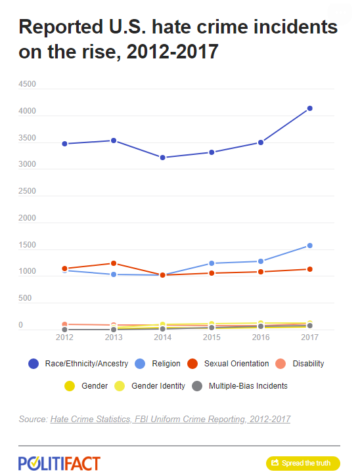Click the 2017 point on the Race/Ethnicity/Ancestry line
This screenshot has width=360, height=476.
(310, 108)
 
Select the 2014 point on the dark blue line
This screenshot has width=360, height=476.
(162, 158)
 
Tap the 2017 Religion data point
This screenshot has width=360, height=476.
(310, 246)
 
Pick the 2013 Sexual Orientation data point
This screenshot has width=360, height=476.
(114, 263)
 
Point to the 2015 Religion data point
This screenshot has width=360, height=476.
(212, 263)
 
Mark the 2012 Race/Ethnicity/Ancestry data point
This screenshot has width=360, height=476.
(64, 144)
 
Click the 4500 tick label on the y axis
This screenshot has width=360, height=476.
(27, 84)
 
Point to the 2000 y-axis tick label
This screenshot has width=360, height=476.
(27, 218)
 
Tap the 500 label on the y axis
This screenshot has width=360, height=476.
(25, 298)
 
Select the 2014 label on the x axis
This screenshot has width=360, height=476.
(162, 337)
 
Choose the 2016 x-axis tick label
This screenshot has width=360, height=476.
(261, 337)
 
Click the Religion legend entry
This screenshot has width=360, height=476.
(158, 364)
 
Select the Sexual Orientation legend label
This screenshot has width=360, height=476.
(236, 364)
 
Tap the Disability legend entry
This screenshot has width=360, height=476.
(300, 364)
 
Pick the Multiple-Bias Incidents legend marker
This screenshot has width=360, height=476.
(197, 386)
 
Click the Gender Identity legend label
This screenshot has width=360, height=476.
(158, 386)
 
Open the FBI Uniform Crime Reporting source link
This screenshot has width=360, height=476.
(170, 420)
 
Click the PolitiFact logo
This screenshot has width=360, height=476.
(59, 464)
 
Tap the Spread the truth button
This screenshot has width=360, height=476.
(303, 464)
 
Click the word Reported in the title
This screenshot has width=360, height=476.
(61, 28)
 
